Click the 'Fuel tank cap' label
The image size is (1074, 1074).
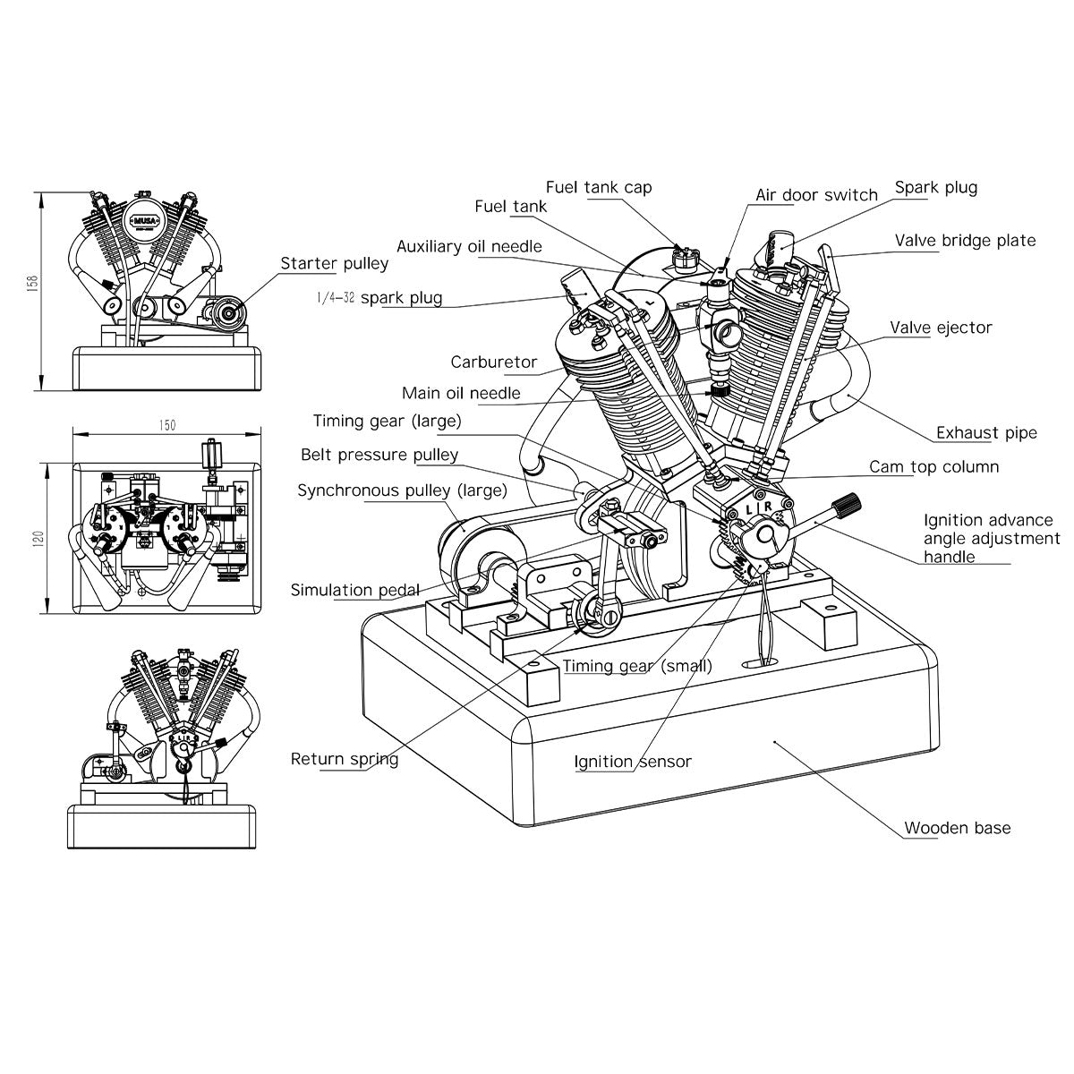[x=599, y=187]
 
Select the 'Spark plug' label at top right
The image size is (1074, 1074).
[x=935, y=188]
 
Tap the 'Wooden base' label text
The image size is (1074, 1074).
[x=957, y=828]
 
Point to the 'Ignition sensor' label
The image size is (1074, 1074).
[x=633, y=762]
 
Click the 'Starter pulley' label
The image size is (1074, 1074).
[x=334, y=263]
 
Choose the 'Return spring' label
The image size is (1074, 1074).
[x=344, y=759]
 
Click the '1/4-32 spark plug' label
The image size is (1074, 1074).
[x=379, y=297]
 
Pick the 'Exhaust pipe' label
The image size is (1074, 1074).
[x=986, y=433]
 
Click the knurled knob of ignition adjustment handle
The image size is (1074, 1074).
[x=847, y=504]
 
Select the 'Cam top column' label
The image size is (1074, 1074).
[x=933, y=467]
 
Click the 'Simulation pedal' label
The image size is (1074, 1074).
[x=354, y=590]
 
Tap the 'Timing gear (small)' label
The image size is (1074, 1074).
[x=637, y=665]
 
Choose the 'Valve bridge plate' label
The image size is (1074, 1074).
[x=965, y=241]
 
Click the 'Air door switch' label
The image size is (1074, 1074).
[x=816, y=195]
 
